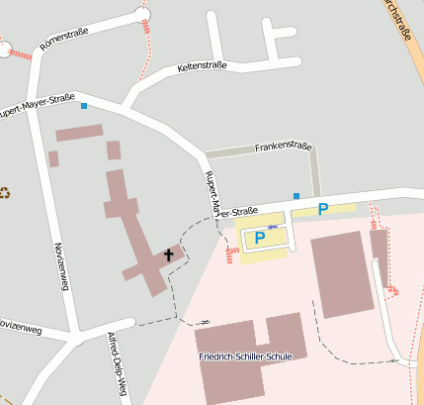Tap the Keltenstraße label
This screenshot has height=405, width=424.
202,66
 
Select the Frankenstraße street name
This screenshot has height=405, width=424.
283,147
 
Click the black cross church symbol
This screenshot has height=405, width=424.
168,254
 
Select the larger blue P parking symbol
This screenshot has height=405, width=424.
260,238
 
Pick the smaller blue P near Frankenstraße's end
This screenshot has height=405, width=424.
322,209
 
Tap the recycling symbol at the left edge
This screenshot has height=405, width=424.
4,192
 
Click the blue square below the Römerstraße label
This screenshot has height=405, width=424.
84,105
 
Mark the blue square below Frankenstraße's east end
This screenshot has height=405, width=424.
296,195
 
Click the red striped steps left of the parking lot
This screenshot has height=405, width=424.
233,255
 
